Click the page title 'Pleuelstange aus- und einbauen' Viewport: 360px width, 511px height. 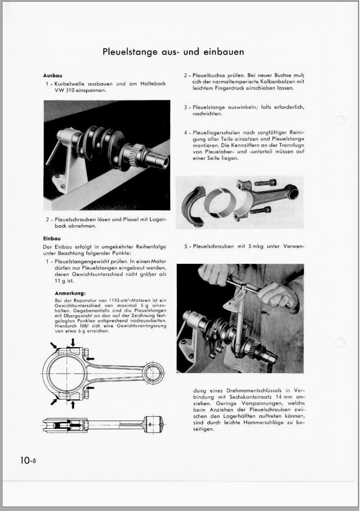coord(173,52)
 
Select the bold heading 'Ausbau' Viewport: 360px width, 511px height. coord(52,76)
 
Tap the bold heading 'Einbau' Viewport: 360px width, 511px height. coord(52,239)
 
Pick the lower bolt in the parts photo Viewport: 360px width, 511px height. coord(262,210)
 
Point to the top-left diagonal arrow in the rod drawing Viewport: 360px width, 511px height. coord(53,345)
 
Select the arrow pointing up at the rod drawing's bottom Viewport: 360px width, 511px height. coord(72,404)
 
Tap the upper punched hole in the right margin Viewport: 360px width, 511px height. coord(340,121)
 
